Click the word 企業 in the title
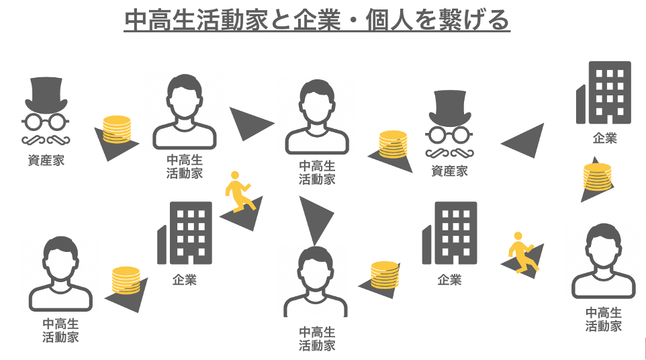(317, 19)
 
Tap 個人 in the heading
(389, 19)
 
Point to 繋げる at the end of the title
(474, 19)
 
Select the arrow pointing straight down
(316, 221)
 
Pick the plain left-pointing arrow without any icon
(522, 140)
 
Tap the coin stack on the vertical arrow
(597, 177)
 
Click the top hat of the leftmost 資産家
(46, 95)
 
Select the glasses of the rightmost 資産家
(449, 135)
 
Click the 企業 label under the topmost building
(605, 138)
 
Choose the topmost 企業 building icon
(604, 93)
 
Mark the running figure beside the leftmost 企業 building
(238, 191)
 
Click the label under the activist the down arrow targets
(317, 339)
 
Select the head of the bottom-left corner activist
(60, 259)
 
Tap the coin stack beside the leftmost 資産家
(117, 130)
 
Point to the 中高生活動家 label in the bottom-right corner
(604, 320)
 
